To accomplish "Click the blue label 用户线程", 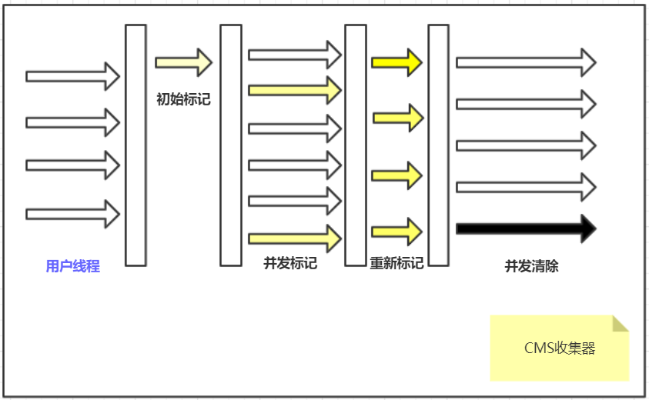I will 73,267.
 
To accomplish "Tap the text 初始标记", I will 183,99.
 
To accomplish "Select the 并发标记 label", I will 290,263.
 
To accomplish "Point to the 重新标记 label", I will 396,263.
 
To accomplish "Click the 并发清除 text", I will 531,266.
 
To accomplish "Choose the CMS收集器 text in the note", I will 560,348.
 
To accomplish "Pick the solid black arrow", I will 526,228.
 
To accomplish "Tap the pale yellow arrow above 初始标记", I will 183,62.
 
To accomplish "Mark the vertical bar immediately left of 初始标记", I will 135,145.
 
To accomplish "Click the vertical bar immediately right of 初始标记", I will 231,145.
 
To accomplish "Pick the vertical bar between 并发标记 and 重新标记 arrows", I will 355,145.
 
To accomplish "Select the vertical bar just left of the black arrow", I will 438,145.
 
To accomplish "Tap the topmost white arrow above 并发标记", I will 294,55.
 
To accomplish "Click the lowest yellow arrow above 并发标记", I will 294,238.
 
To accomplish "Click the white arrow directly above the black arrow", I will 526,187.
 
